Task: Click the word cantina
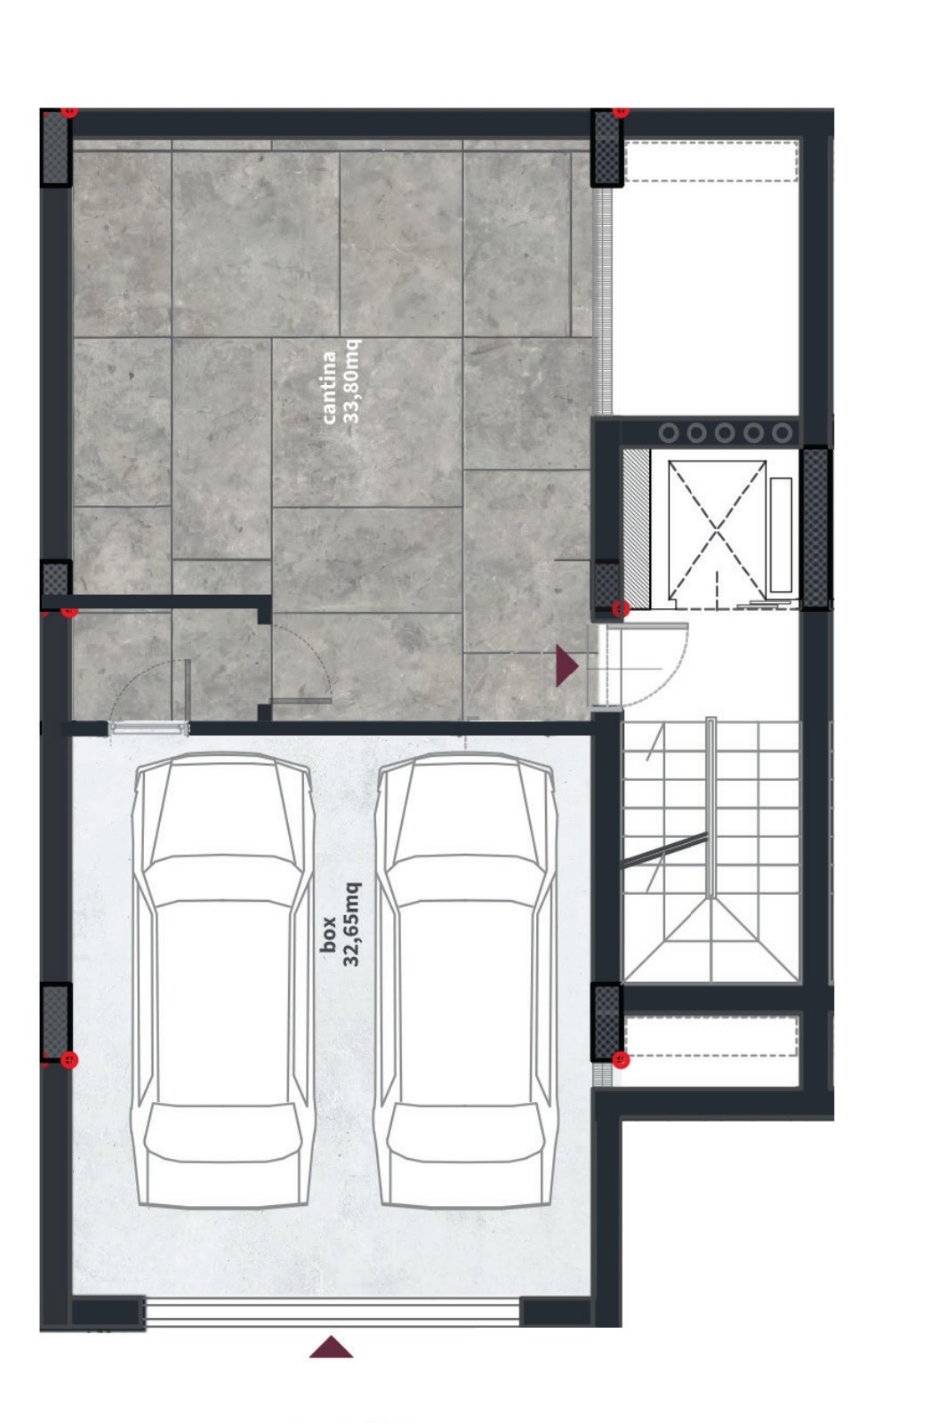coord(329,388)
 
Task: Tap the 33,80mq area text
coord(351,382)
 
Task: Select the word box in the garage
coord(328,935)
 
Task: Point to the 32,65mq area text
coord(351,924)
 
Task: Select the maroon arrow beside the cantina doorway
coord(566,666)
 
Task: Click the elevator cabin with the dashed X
coord(717,529)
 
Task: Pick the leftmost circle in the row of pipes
coord(668,433)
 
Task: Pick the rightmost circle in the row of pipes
coord(782,433)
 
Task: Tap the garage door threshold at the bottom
coord(333,1313)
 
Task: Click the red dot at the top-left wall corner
coord(70,111)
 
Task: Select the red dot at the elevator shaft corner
coord(621,609)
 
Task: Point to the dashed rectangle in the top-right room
coord(711,162)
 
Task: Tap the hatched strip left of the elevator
coord(636,527)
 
